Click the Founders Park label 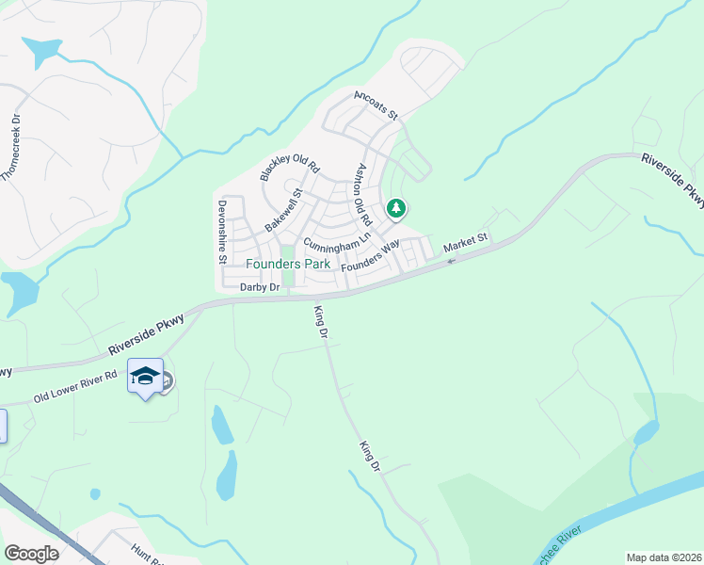(x=288, y=265)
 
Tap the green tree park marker (x=396, y=208)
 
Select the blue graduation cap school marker (x=145, y=377)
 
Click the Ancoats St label (x=376, y=104)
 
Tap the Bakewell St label (x=283, y=210)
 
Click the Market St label (x=468, y=243)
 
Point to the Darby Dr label (x=261, y=287)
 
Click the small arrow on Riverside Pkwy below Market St (x=451, y=260)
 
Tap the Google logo (x=32, y=554)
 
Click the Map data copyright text (x=664, y=557)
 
